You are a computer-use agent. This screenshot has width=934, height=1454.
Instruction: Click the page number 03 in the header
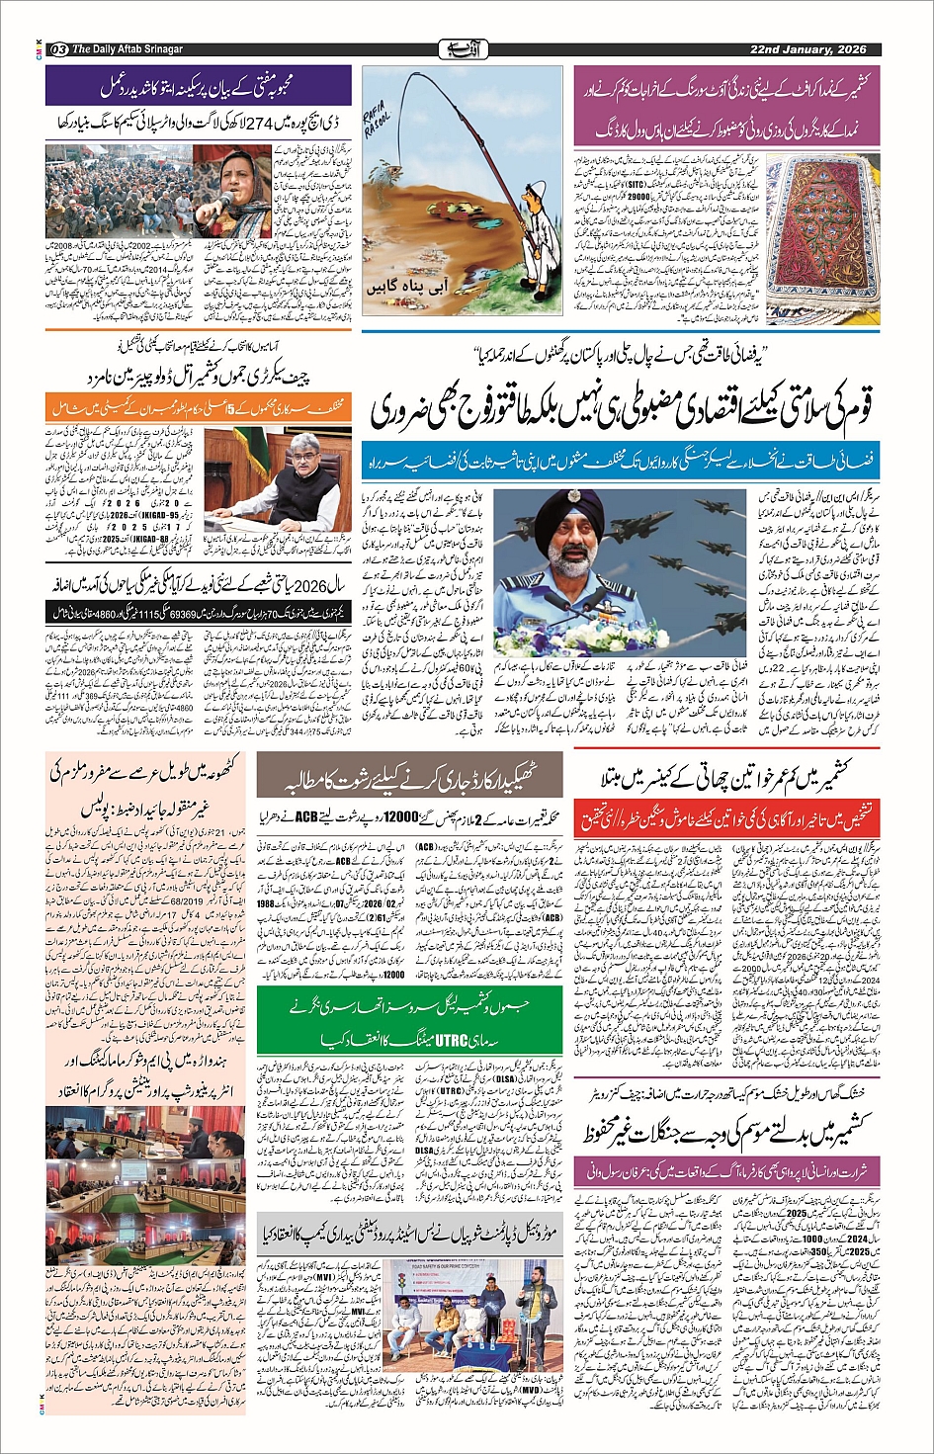[x=58, y=49]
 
